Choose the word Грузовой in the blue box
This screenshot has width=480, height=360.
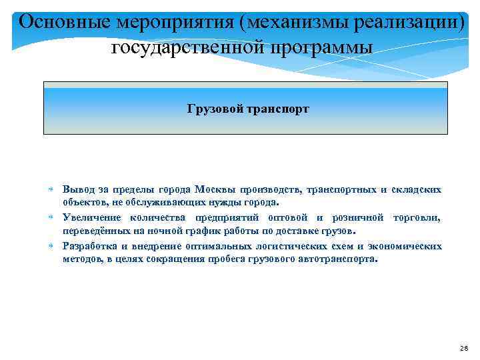215,109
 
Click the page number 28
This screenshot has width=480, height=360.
465,349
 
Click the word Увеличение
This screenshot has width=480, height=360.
91,218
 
